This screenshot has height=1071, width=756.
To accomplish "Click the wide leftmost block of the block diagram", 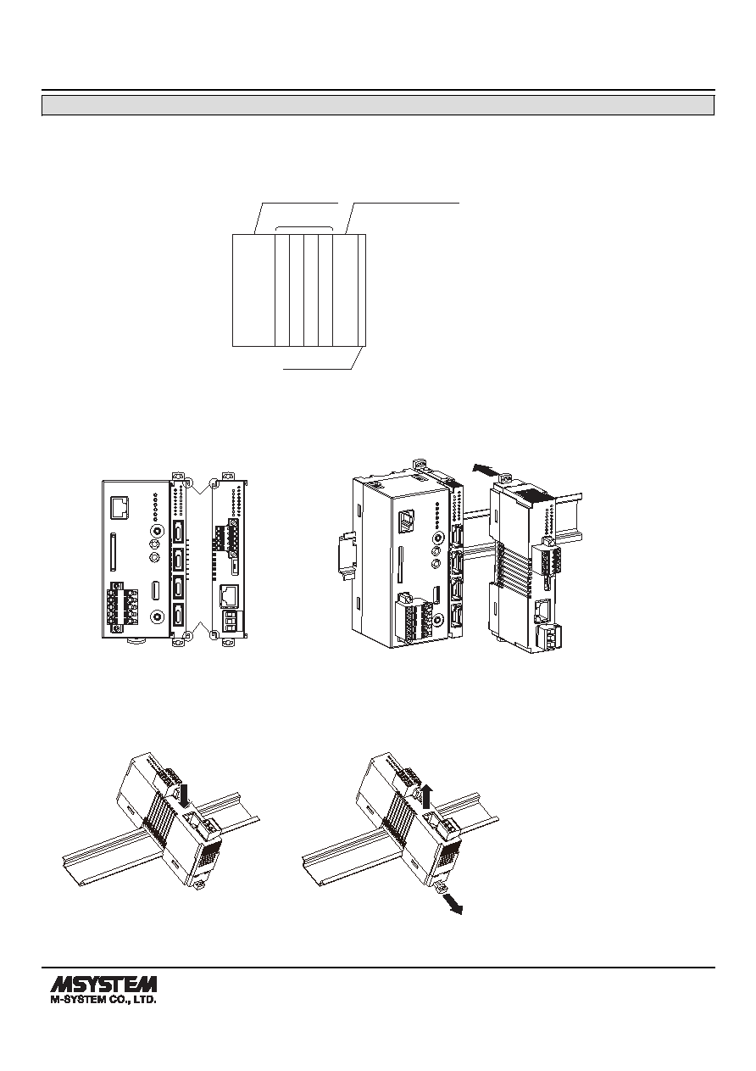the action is click(253, 290).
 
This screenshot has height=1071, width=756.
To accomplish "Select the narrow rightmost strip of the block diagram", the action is click(362, 290).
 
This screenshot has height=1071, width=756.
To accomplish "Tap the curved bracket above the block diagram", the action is click(304, 228).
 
